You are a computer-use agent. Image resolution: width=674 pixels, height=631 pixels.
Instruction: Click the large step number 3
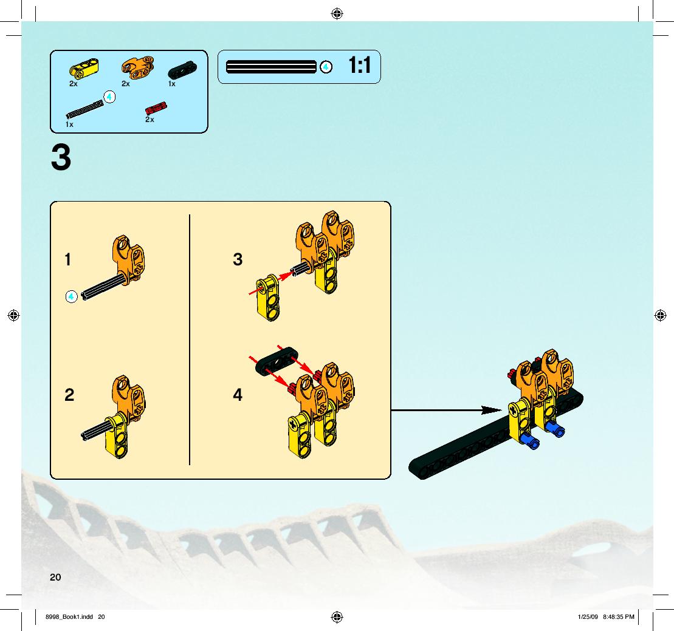61,158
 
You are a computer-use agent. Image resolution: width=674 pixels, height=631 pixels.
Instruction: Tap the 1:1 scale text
359,66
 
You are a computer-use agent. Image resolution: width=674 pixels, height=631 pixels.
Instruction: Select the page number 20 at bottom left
55,578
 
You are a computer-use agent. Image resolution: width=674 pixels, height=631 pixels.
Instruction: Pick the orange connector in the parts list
138,68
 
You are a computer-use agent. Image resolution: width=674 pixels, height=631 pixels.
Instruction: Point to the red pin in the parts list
156,109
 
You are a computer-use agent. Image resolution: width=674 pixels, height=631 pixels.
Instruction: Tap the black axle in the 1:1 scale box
271,67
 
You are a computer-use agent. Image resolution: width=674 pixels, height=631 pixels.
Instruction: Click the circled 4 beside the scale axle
326,67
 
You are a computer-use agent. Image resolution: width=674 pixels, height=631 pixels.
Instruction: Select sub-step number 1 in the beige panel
67,259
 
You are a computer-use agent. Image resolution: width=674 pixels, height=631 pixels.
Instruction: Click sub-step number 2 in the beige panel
69,395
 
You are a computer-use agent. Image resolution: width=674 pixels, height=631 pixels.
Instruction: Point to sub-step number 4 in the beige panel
238,395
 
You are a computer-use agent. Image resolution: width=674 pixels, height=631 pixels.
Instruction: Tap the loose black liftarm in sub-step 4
277,362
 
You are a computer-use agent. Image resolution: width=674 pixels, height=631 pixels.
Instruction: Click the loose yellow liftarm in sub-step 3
268,298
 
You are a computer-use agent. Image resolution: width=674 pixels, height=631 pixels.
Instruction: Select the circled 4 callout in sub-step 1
71,296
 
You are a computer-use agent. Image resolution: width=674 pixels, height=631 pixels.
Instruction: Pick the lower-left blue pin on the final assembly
529,441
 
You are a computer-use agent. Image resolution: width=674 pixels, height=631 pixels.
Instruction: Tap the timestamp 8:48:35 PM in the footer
619,617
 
